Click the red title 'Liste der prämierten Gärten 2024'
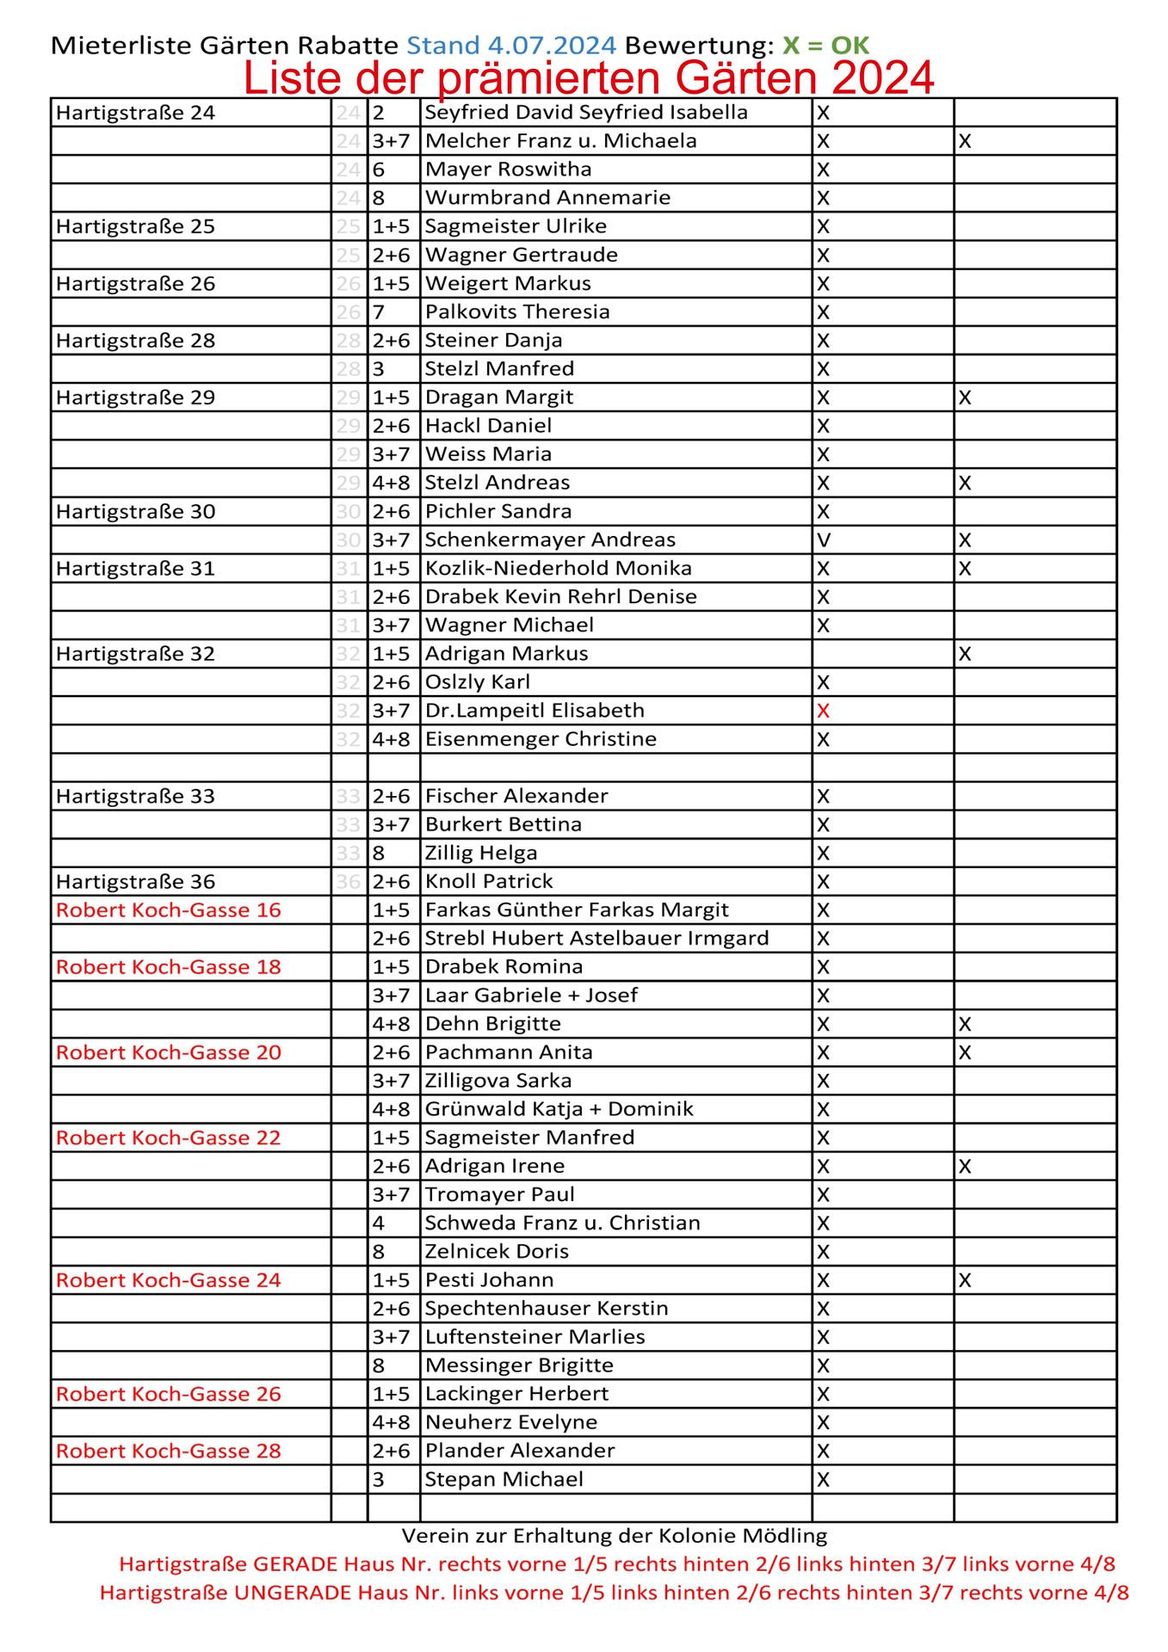click(x=588, y=78)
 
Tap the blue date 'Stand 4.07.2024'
click(x=511, y=45)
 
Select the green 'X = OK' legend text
click(x=825, y=45)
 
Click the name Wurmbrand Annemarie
click(x=547, y=198)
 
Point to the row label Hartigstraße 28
click(x=135, y=341)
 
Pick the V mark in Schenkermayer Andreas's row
click(x=824, y=540)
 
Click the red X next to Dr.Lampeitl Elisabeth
click(x=824, y=711)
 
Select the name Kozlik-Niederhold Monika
click(x=558, y=569)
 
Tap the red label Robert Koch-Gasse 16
click(x=169, y=910)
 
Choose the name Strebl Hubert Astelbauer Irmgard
click(x=596, y=939)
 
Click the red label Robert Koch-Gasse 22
click(x=169, y=1138)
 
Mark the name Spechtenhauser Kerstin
click(x=547, y=1309)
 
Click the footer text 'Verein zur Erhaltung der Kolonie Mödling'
click(x=614, y=1536)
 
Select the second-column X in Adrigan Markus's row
click(x=965, y=654)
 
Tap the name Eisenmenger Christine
click(x=541, y=739)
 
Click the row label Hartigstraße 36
click(x=135, y=882)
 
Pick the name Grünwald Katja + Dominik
click(x=559, y=1109)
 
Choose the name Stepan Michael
click(x=504, y=1479)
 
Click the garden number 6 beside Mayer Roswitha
click(x=379, y=170)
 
